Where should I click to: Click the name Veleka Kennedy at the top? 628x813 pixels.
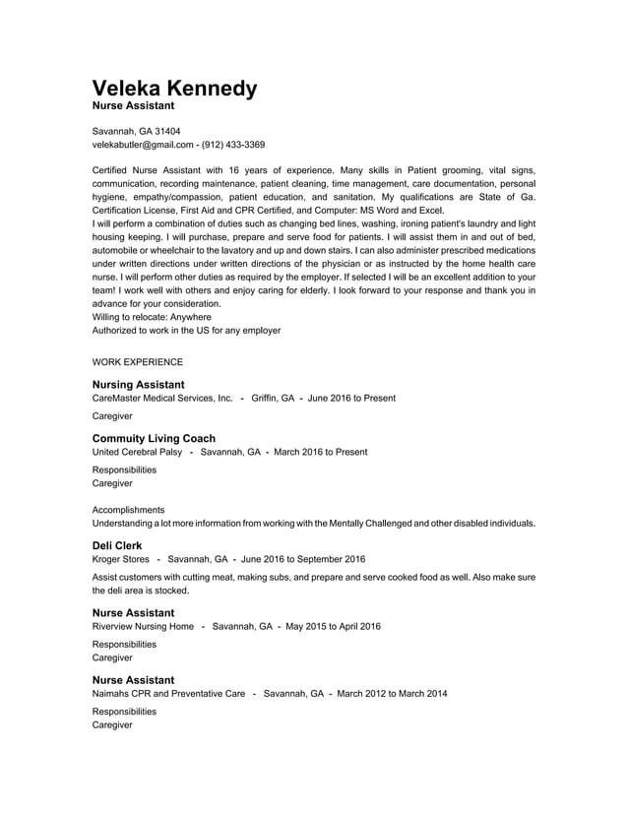(x=174, y=88)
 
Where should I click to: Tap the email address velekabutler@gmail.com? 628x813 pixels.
(x=142, y=145)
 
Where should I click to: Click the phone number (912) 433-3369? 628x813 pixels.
(x=233, y=145)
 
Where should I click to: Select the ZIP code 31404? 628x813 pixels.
(x=165, y=131)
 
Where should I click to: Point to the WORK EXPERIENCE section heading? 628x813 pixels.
(x=137, y=362)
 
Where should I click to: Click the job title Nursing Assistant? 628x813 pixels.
(x=138, y=384)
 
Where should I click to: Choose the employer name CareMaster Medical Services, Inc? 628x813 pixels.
(x=162, y=399)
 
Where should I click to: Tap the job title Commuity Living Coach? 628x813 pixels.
(x=154, y=438)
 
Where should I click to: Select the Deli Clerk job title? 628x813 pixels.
(x=117, y=544)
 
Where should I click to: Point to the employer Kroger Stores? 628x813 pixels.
(x=121, y=559)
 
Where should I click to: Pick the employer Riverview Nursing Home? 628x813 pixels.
(x=143, y=626)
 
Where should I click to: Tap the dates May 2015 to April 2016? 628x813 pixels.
(x=333, y=626)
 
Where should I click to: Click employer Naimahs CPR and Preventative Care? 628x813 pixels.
(x=168, y=694)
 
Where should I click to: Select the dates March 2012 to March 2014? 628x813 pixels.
(x=392, y=694)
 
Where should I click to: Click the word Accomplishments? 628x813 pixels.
(x=128, y=510)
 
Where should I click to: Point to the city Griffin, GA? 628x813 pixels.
(x=273, y=399)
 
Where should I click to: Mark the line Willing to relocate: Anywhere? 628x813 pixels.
(x=152, y=318)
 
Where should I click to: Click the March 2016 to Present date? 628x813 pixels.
(x=321, y=452)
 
